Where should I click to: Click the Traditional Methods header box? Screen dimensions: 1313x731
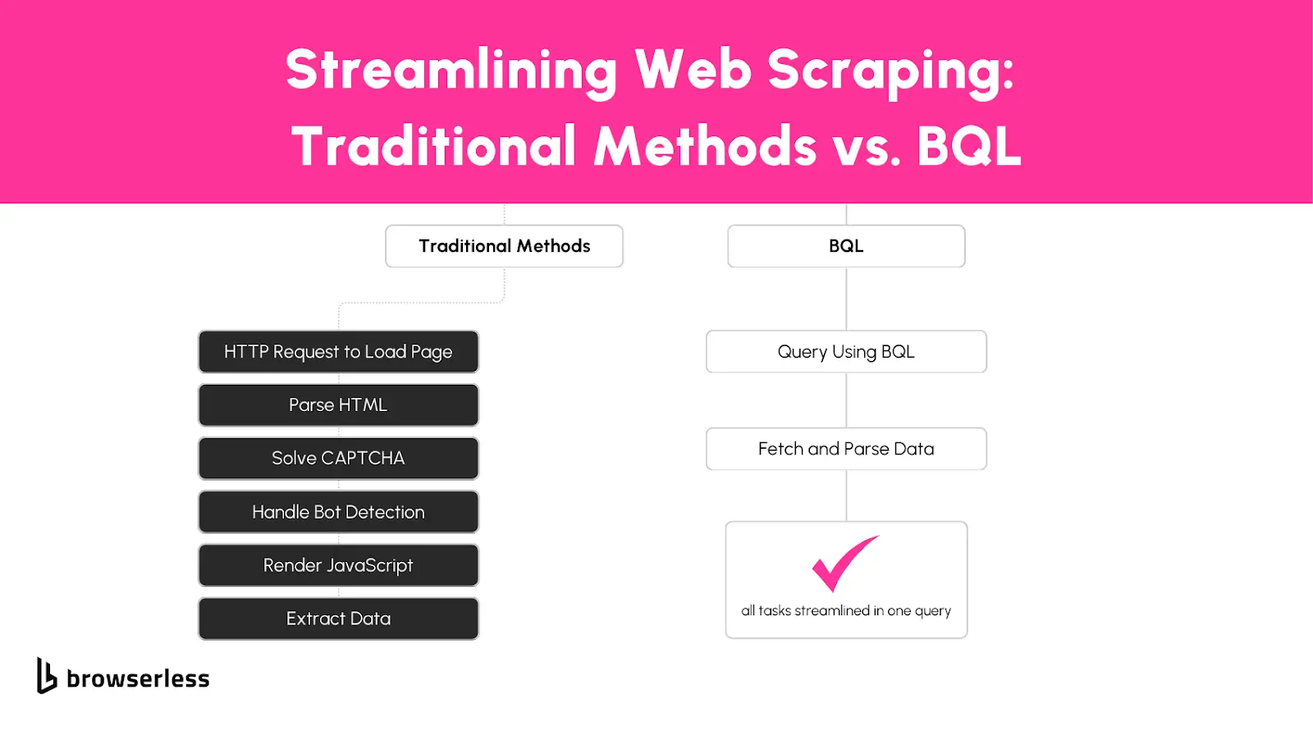(504, 246)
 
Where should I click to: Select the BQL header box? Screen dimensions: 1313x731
(846, 246)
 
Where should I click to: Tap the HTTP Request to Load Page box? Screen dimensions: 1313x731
(338, 352)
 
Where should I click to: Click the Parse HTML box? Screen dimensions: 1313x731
(338, 405)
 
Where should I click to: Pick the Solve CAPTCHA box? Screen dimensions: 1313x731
(338, 459)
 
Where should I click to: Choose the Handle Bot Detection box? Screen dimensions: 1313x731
(338, 512)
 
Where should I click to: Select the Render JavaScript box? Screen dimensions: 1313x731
(338, 565)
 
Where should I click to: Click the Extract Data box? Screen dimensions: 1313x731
(338, 619)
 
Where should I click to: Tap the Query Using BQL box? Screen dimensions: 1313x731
(846, 352)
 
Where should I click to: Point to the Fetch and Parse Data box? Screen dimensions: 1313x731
(846, 449)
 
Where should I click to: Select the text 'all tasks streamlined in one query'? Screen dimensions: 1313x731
(846, 611)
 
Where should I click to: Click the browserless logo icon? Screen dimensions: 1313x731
(46, 676)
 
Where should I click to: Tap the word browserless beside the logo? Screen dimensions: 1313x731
(138, 678)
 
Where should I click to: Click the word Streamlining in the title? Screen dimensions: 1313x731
(451, 71)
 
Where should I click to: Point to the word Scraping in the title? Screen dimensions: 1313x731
(890, 71)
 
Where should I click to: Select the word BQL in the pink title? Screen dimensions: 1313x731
(969, 146)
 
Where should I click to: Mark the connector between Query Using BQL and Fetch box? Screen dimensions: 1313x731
(846, 400)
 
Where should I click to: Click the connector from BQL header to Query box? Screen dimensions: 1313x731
(846, 299)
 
